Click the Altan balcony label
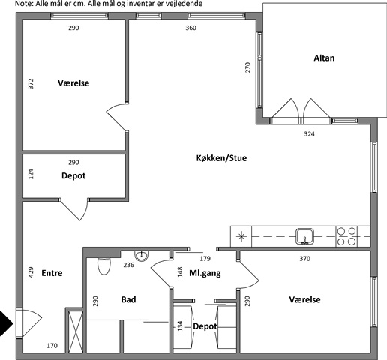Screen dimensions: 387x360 point(324,58)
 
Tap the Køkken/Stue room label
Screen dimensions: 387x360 point(221,158)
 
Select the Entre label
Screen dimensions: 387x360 point(52,273)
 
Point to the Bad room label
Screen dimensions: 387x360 point(128,299)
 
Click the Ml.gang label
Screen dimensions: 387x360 point(205,273)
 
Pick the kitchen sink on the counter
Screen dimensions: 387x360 point(304,236)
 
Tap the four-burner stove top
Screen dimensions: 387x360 point(346,236)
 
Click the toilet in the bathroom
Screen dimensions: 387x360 point(104,266)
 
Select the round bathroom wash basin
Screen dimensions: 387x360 point(142,256)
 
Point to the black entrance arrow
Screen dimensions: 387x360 point(6,323)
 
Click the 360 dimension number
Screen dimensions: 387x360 point(191,28)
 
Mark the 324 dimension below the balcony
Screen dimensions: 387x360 point(309,134)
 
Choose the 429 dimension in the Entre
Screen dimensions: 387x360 point(31,272)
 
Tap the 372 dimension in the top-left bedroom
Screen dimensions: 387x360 point(31,84)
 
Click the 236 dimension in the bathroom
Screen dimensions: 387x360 point(129,265)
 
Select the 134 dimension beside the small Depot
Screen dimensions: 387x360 point(180,326)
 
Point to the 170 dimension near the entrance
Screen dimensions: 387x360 point(52,346)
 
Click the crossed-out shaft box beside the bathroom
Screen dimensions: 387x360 point(76,331)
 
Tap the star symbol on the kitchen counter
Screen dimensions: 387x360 point(241,236)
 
